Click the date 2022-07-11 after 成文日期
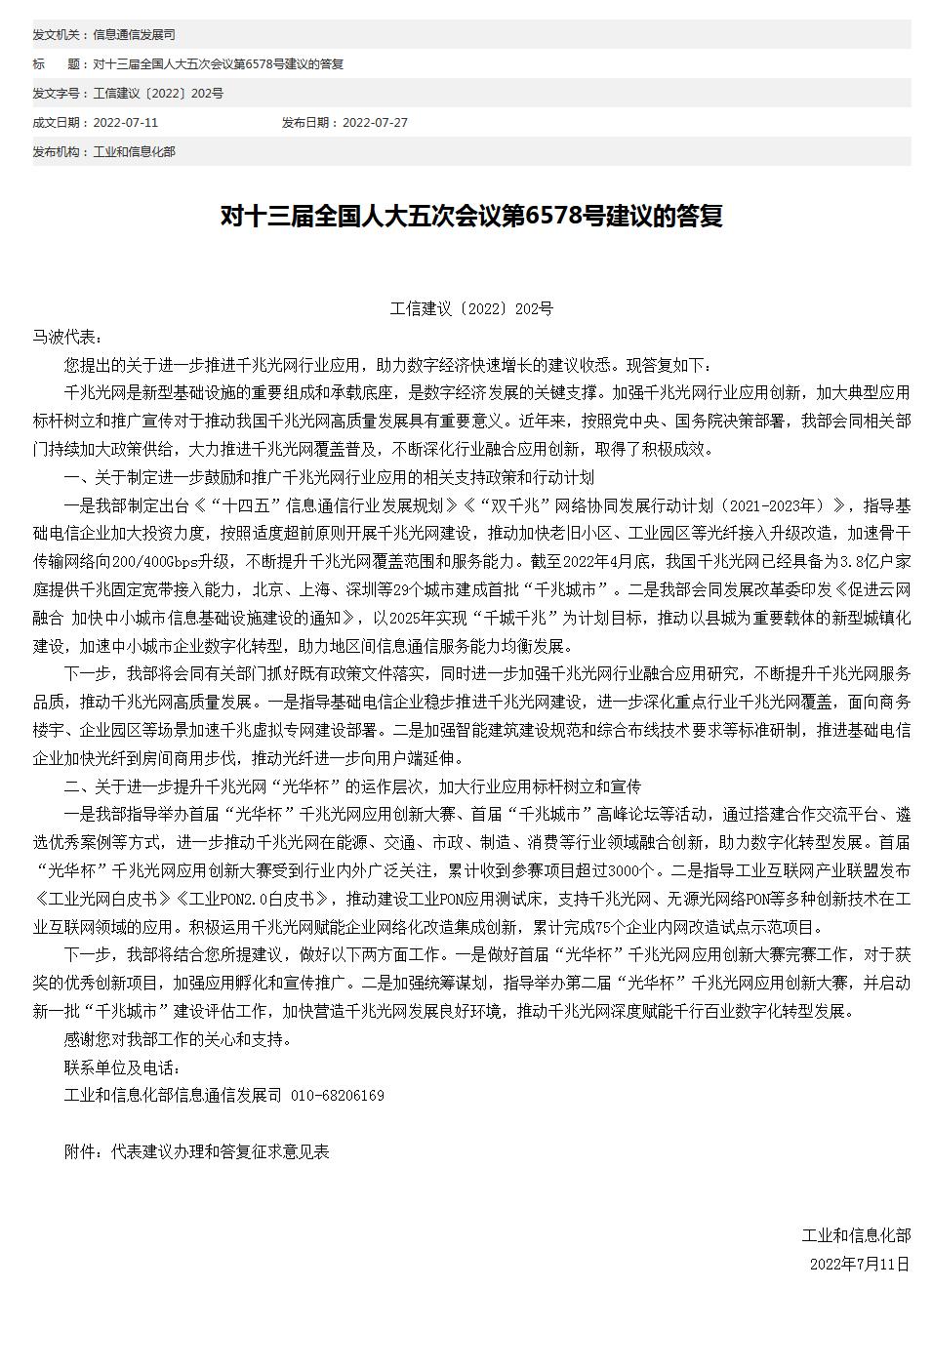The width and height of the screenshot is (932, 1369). point(125,123)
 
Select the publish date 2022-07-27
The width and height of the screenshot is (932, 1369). point(375,123)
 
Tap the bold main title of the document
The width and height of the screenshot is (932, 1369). point(471,217)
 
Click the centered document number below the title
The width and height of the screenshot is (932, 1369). point(471,308)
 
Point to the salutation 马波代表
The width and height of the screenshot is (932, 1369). point(66,337)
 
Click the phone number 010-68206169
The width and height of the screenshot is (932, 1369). point(338,1095)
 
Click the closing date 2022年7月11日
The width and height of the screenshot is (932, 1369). point(860,1264)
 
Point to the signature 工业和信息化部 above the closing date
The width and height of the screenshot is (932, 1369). point(856,1235)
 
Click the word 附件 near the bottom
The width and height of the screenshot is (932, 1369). point(80,1151)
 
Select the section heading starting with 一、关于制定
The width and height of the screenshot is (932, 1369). point(329,477)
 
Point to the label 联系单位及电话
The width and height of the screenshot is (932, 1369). point(122,1067)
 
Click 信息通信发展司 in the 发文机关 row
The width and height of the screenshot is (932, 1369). point(135,35)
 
